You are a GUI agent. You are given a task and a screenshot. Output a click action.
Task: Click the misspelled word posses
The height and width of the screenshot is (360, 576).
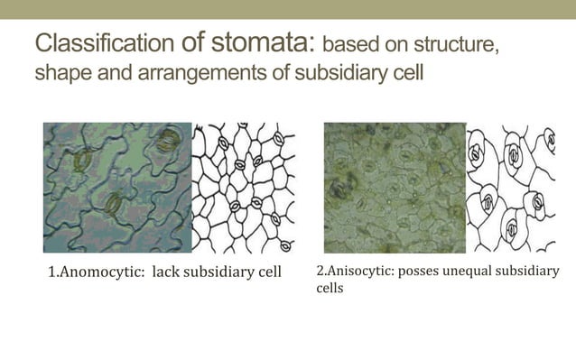428,271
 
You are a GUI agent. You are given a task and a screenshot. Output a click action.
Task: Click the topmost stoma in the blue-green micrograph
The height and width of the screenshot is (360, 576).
168,140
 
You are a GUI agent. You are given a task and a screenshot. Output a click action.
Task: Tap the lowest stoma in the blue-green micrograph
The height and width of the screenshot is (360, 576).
115,204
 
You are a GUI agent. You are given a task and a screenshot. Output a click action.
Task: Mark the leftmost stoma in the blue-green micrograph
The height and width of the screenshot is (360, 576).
83,161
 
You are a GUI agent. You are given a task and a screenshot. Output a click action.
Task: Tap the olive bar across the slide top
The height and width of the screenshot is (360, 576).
288,9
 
